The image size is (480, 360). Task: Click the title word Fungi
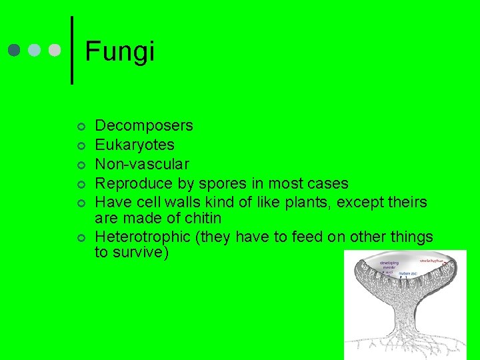coord(120,51)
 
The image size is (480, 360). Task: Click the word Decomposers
coord(144,125)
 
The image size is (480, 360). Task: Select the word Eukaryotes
coord(135,145)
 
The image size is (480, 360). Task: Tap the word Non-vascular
coord(142,163)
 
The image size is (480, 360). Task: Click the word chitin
coord(201,218)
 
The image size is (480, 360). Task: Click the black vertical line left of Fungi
coord(72,51)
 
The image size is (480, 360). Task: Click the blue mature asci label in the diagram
coord(408,273)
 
